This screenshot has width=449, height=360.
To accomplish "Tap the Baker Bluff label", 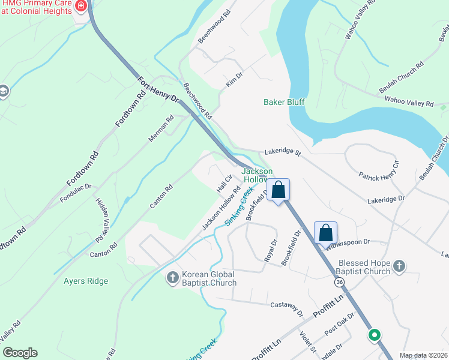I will [x=284, y=102].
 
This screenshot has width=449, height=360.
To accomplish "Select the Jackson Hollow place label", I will [x=257, y=176].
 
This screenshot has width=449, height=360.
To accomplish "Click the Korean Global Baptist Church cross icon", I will [x=172, y=277].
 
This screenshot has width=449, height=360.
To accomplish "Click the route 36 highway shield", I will [x=340, y=281].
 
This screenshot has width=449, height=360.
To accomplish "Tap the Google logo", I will [x=20, y=353].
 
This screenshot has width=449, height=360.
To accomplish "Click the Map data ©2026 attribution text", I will [x=423, y=355].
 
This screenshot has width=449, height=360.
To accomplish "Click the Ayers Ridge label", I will [x=86, y=281].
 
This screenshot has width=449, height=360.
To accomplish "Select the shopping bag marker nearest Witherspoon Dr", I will [x=325, y=232].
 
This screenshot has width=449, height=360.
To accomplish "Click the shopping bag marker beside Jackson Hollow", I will [x=279, y=190].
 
